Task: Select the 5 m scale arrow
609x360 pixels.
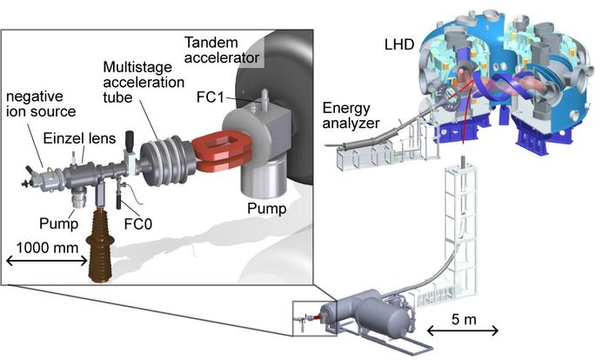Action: [x=464, y=330]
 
